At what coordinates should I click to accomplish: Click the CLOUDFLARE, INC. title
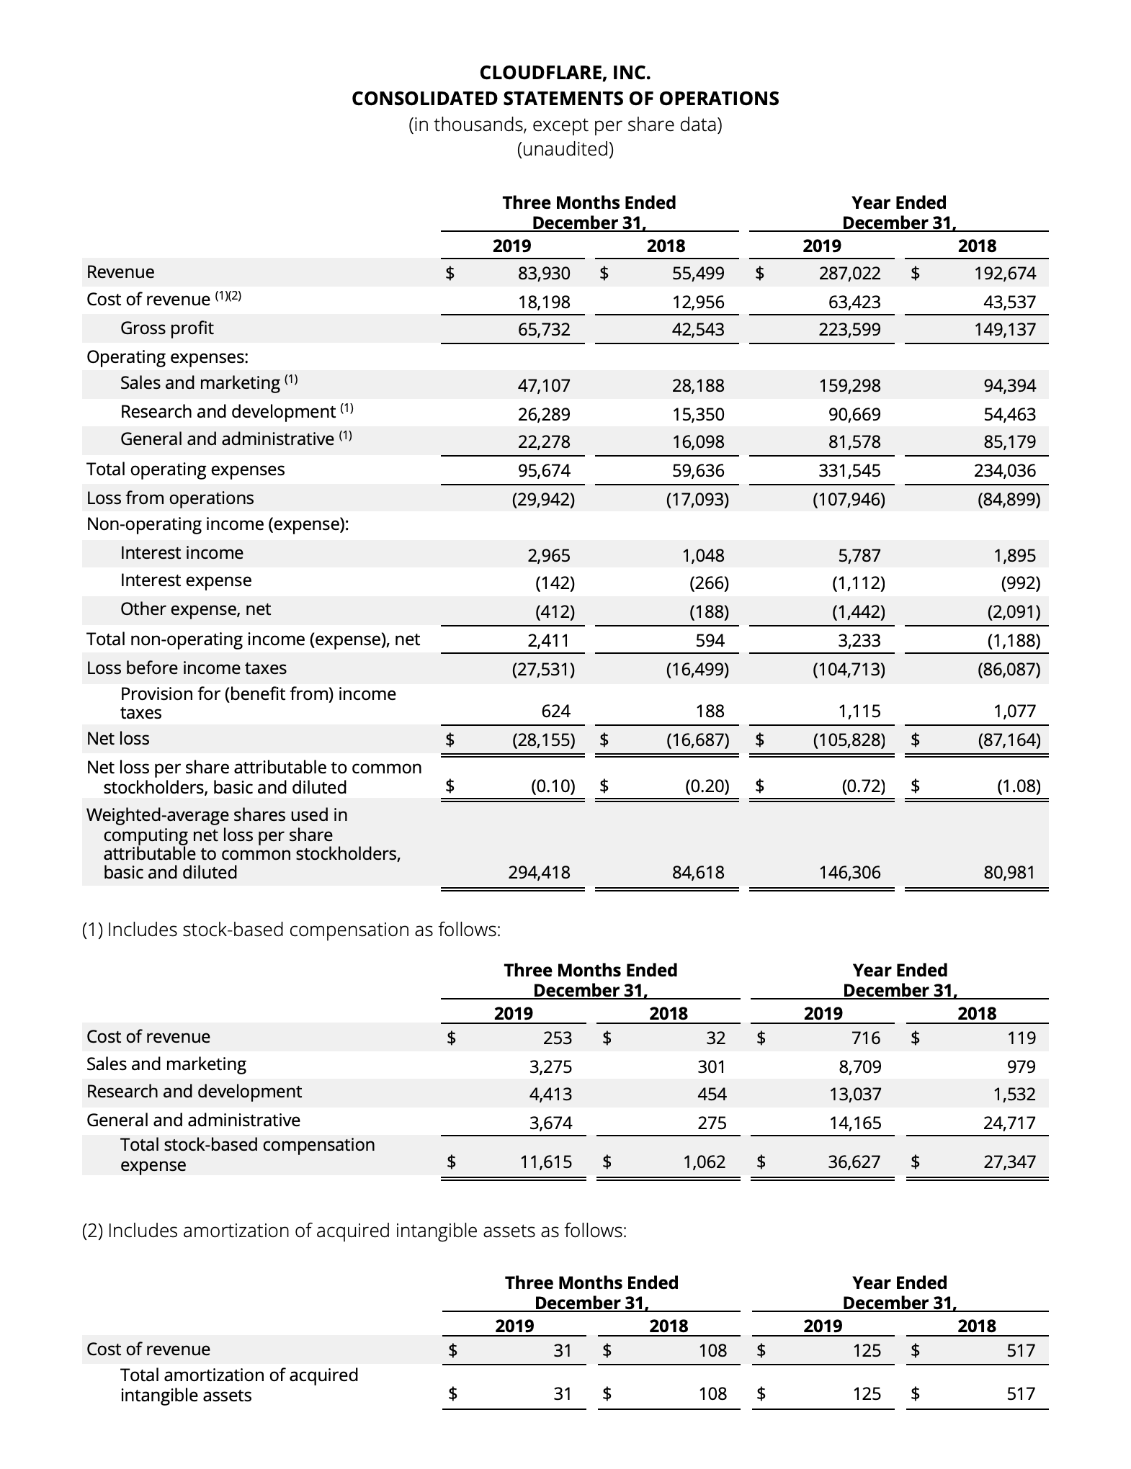tap(565, 73)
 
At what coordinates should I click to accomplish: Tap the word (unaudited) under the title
tap(565, 149)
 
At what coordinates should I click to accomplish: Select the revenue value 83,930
tap(544, 274)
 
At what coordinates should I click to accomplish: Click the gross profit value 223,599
tap(849, 330)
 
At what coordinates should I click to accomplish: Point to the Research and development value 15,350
tap(698, 415)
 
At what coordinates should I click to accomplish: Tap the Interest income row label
tap(182, 553)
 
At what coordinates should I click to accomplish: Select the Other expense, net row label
tap(195, 609)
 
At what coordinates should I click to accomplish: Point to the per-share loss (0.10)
tap(553, 786)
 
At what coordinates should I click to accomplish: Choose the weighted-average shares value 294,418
tap(539, 873)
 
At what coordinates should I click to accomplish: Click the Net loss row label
tap(118, 739)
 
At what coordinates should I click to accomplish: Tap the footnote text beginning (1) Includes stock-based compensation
tap(291, 930)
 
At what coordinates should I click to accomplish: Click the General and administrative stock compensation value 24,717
tap(1009, 1123)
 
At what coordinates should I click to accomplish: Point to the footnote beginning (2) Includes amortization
tap(354, 1231)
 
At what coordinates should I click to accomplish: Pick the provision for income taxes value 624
tap(555, 711)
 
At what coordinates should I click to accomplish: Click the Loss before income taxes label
tap(187, 668)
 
